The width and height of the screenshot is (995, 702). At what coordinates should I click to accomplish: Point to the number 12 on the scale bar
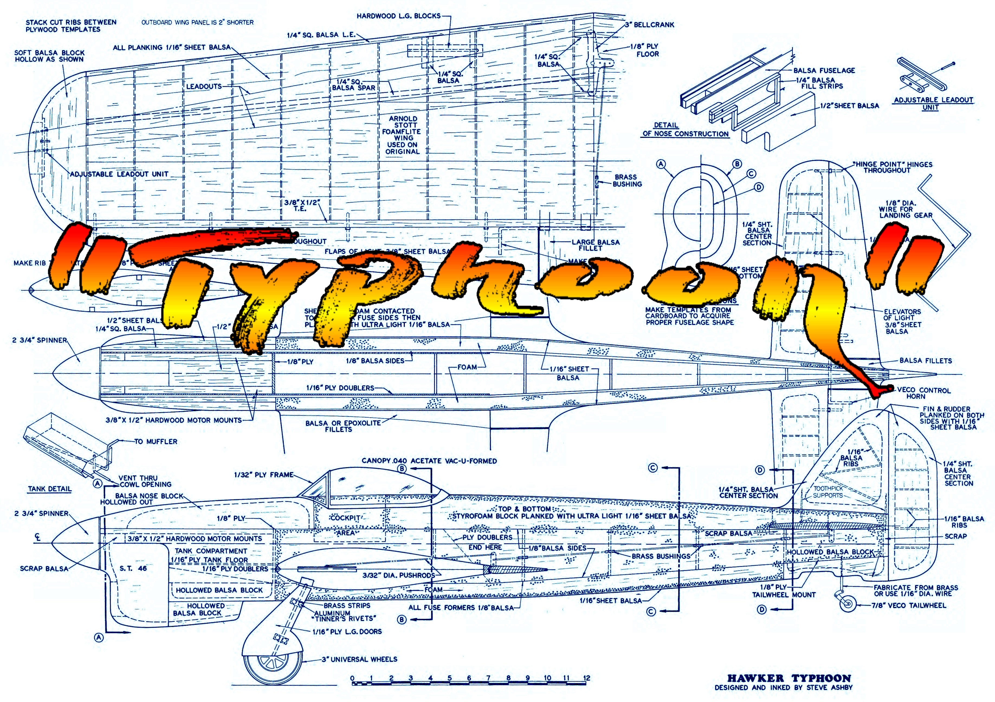586,678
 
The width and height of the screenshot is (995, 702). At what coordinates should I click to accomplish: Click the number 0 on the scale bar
352,678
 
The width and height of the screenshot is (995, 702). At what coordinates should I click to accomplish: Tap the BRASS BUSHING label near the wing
627,181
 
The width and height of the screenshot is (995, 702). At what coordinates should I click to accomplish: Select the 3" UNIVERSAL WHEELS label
364,659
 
